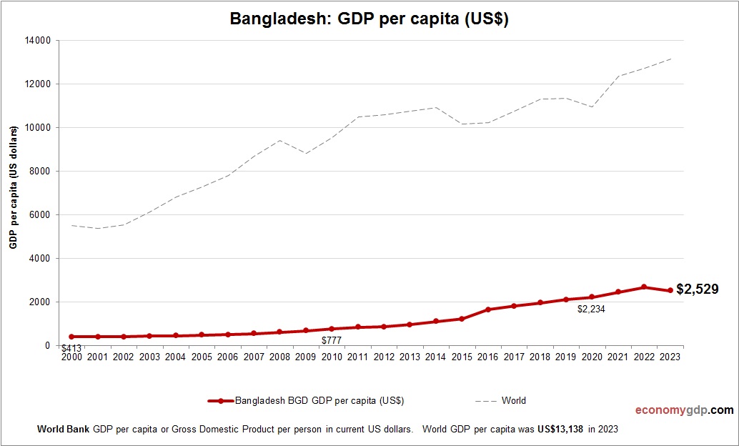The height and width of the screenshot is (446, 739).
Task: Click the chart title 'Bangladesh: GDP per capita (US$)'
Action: pos(369,19)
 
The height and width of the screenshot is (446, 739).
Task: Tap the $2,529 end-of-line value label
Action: pos(698,289)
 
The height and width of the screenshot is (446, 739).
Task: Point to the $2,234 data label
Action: pos(592,309)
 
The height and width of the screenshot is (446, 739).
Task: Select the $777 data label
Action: pos(332,340)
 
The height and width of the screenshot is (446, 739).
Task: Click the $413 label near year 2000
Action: pos(71,349)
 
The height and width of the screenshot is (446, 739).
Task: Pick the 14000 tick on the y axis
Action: pos(37,41)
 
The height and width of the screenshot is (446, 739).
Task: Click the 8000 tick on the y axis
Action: pos(39,172)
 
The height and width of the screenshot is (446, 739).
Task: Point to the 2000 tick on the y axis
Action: pos(39,302)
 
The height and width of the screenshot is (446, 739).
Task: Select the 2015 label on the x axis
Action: pos(462,357)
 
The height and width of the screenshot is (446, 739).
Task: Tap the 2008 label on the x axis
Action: pos(279,357)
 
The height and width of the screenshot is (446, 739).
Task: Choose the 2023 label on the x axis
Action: pos(670,357)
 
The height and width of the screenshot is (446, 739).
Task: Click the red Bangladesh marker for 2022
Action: pos(644,287)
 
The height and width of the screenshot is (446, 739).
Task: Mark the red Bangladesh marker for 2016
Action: pos(488,309)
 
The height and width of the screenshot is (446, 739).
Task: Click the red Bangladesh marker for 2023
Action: pos(670,290)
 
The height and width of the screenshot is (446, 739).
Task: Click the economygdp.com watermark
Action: pos(685,410)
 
